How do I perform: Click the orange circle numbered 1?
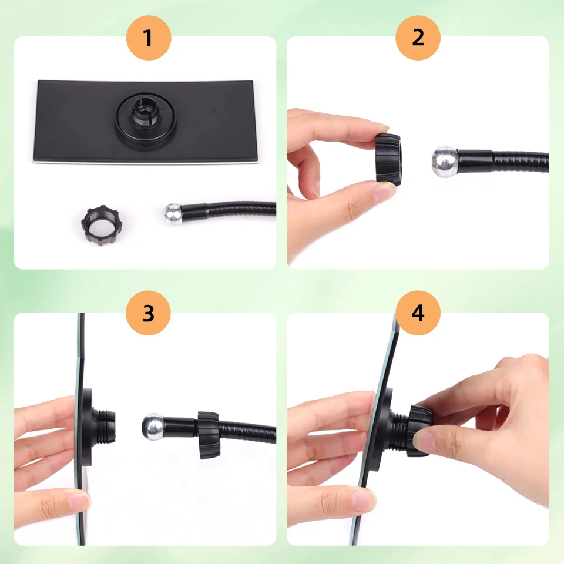(x=148, y=38)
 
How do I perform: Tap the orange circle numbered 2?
(x=418, y=38)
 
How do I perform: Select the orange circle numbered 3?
(x=148, y=313)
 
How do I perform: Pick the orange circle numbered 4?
(x=418, y=313)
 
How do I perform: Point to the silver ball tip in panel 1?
(x=173, y=214)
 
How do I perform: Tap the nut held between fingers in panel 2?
(x=388, y=159)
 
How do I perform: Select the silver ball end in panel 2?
(x=445, y=162)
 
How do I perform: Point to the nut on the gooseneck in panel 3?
(x=208, y=434)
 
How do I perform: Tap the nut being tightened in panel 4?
(x=418, y=430)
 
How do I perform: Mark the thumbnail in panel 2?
(x=385, y=191)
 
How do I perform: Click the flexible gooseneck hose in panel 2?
(x=517, y=160)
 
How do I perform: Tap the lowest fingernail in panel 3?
(x=78, y=501)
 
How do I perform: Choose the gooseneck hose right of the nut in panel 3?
(x=247, y=430)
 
